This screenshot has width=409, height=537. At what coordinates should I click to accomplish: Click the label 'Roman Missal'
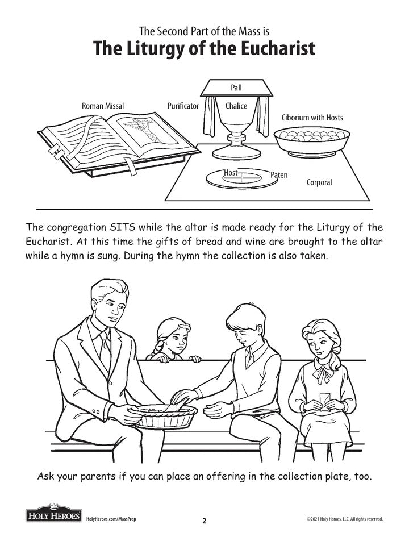click(103, 106)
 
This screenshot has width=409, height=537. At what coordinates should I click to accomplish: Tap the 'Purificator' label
click(183, 106)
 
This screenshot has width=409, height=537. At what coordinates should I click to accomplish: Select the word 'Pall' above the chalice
click(236, 88)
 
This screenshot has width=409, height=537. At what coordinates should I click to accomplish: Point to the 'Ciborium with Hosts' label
click(312, 118)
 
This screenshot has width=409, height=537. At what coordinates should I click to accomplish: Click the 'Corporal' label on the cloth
click(319, 182)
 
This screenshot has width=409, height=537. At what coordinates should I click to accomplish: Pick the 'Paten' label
click(279, 175)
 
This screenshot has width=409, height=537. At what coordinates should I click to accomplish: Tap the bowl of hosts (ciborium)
click(312, 143)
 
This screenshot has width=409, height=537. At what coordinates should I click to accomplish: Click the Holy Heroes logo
click(54, 514)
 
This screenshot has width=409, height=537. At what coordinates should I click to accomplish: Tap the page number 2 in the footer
click(204, 521)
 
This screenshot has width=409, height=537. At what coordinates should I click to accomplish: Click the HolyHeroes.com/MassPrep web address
click(111, 519)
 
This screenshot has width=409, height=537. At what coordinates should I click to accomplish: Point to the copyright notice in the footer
click(345, 519)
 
